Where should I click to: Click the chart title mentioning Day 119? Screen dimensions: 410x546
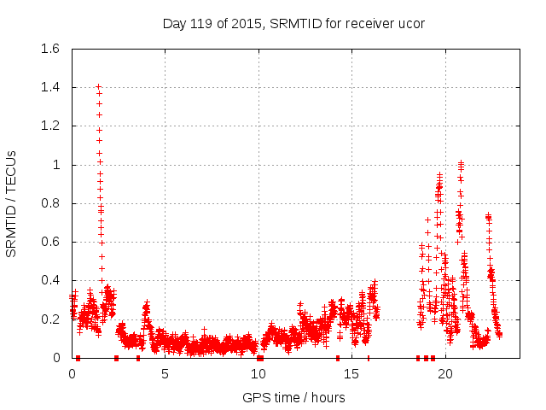[x=293, y=23]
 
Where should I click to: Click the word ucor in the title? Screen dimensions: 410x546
[x=409, y=23]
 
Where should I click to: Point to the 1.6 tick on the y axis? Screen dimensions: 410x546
[x=53, y=49]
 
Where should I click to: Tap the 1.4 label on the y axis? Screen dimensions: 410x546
[x=53, y=87]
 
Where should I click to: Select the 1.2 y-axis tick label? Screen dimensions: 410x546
[x=53, y=126]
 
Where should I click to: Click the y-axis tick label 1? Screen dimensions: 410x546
[x=59, y=165]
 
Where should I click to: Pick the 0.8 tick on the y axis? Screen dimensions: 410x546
[x=53, y=203]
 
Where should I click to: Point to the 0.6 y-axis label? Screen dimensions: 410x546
[x=53, y=242]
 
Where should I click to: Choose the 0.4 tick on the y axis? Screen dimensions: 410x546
[x=53, y=280]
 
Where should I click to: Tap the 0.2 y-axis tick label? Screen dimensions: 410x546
[x=53, y=319]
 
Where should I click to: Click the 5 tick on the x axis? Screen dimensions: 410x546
[x=165, y=374]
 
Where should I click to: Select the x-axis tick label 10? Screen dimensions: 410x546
[x=258, y=374]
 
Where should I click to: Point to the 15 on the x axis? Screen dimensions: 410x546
[x=352, y=374]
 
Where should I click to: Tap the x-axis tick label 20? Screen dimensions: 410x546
[x=446, y=374]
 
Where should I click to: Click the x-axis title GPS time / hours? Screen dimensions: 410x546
[x=293, y=397]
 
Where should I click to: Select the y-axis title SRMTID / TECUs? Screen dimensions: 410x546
[x=12, y=203]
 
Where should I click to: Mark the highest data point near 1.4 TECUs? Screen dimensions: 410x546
[x=98, y=86]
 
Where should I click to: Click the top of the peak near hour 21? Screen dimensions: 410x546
[x=461, y=162]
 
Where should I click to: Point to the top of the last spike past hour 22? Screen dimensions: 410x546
[x=488, y=215]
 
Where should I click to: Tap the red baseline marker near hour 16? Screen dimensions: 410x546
[x=369, y=358]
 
